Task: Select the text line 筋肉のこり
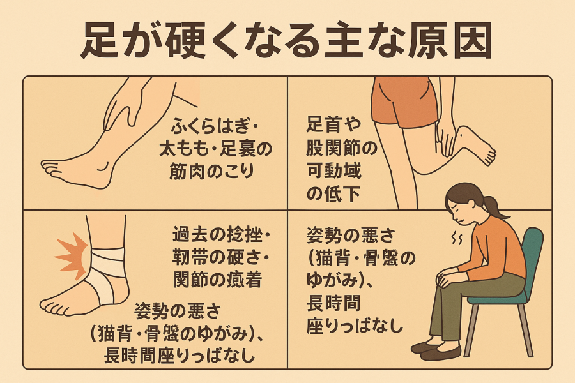coord(211,171)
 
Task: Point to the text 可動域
coord(333,171)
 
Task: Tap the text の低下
coord(333,193)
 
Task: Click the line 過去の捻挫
coord(217,234)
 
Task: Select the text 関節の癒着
coord(217,280)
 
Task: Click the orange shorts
coord(403,103)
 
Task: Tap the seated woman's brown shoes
coord(436,350)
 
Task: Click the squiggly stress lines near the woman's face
coord(457,239)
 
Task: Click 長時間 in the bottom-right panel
coord(333,303)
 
